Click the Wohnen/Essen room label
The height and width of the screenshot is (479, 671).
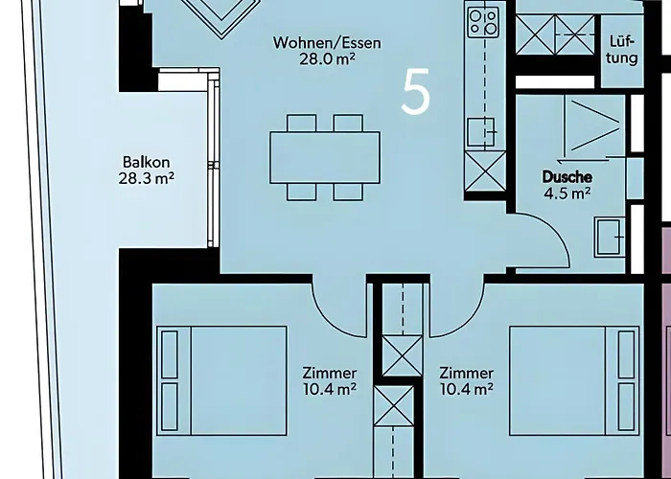(x=327, y=43)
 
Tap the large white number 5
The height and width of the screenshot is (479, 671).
(x=415, y=92)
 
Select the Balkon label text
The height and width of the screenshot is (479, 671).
(x=147, y=162)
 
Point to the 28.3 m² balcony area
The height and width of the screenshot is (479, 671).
(x=147, y=178)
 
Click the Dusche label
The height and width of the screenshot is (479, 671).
(x=567, y=176)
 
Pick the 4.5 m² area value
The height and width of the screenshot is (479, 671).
(x=567, y=194)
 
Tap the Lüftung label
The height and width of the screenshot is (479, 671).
(x=622, y=50)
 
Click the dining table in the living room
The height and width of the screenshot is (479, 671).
(x=325, y=157)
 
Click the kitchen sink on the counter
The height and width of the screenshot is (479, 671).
(x=482, y=132)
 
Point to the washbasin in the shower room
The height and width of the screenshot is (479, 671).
(x=610, y=238)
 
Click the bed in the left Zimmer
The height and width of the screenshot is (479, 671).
(x=221, y=380)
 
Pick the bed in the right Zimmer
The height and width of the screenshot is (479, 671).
(x=574, y=380)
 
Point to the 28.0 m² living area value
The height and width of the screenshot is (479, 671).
(x=327, y=59)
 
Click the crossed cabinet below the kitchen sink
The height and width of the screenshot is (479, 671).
(x=485, y=171)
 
